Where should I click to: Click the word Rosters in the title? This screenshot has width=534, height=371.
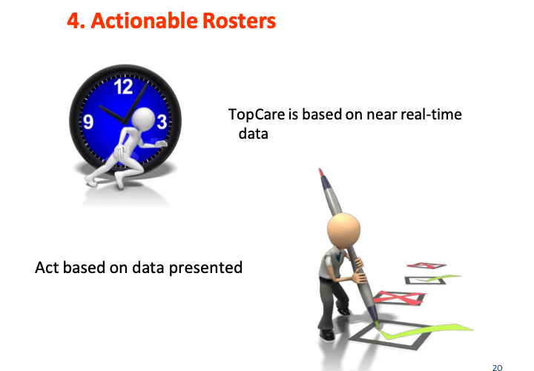(x=239, y=21)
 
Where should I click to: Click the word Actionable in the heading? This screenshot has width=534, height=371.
(x=144, y=21)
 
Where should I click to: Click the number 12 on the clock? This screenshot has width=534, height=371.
(x=123, y=87)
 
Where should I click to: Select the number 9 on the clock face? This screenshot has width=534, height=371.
(x=88, y=122)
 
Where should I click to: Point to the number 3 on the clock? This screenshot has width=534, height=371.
(x=162, y=122)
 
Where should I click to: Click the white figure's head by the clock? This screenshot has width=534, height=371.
(x=143, y=119)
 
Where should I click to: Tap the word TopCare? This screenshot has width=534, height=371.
(x=257, y=114)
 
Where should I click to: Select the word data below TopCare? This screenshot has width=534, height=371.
(x=254, y=134)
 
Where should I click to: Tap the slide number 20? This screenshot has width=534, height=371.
(x=497, y=367)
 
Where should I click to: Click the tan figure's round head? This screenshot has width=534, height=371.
(x=343, y=229)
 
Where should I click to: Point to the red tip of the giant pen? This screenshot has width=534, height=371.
(x=321, y=172)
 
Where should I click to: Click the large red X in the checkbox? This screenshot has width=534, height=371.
(x=398, y=298)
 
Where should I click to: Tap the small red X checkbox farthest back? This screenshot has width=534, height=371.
(x=426, y=266)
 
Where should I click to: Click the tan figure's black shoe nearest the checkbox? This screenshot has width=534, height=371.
(x=344, y=311)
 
